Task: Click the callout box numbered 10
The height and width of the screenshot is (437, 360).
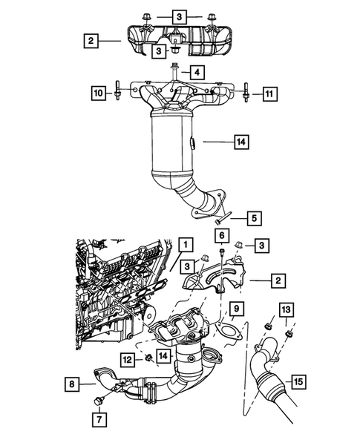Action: [x=98, y=93]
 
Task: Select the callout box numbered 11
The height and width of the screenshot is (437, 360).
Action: [x=269, y=93]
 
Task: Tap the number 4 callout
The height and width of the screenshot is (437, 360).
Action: [x=196, y=72]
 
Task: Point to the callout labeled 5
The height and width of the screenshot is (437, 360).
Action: [x=253, y=218]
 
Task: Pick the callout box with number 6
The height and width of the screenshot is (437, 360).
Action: [x=221, y=235]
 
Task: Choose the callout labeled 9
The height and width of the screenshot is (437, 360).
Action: [x=234, y=308]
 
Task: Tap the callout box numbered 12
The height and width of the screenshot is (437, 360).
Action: [x=128, y=360]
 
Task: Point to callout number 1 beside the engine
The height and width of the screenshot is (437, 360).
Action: [x=184, y=243]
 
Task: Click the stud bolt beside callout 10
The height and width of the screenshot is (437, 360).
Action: [x=118, y=93]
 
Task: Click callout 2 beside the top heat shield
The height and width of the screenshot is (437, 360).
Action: [x=90, y=42]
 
